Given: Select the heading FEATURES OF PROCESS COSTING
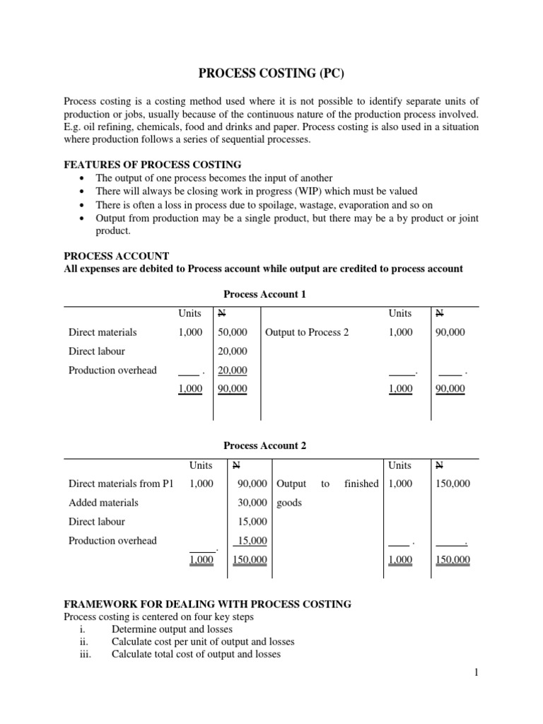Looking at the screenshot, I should click(x=153, y=165).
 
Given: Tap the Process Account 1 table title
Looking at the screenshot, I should click(x=264, y=294).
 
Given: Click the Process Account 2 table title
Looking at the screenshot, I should click(x=264, y=446).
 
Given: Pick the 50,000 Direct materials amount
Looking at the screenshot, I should click(x=233, y=332).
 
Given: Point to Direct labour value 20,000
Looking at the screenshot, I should click(x=233, y=351).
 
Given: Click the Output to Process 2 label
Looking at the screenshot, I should click(x=307, y=332).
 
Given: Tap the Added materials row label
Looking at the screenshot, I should click(x=103, y=503).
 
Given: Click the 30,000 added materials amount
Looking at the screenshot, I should click(x=252, y=503).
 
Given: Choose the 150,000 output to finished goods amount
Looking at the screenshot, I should click(x=453, y=484).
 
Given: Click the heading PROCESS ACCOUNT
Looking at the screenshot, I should click(x=117, y=256).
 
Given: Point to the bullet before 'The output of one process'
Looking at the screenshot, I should click(x=84, y=178).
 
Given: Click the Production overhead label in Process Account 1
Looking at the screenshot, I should click(x=112, y=370).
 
